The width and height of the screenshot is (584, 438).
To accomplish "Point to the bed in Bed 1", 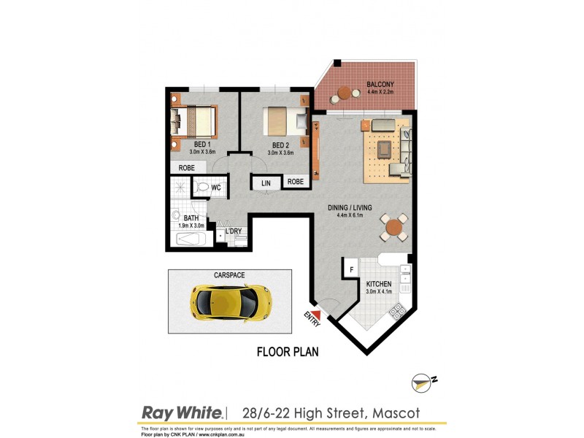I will [195, 122].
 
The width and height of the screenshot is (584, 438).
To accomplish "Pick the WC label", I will [216, 188].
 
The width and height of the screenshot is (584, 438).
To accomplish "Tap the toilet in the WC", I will [202, 188].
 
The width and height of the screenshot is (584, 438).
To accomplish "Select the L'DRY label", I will [234, 231].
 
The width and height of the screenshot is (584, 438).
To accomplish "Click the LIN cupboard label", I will [266, 182].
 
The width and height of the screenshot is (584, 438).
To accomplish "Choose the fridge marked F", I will [351, 269].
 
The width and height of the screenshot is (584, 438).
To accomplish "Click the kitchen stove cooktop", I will [399, 312].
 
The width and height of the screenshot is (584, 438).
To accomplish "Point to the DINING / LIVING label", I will [354, 207].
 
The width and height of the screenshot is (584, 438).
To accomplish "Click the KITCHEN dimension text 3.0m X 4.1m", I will [380, 292].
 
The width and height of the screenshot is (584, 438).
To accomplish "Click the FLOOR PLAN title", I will [287, 352].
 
